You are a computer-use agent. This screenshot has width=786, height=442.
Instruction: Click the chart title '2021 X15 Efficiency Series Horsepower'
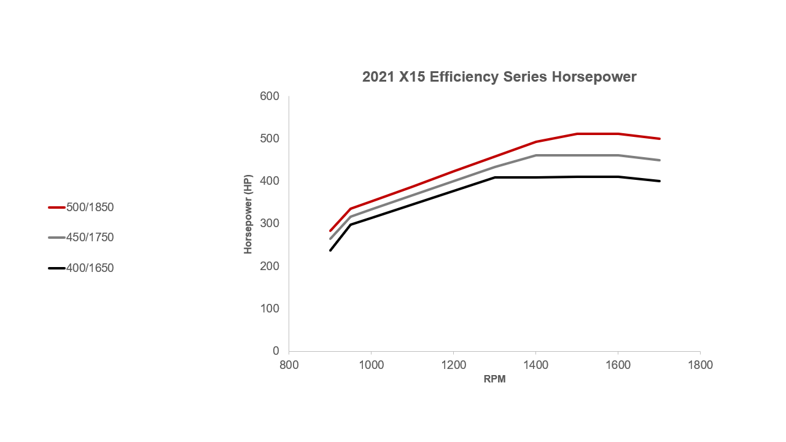coord(499,77)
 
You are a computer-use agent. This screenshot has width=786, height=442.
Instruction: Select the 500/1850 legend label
coord(90,207)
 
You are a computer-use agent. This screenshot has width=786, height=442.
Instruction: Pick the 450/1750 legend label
coord(90,238)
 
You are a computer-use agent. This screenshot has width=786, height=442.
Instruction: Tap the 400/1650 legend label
coord(90,268)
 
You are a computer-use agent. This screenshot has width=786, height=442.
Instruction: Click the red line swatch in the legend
coord(56,207)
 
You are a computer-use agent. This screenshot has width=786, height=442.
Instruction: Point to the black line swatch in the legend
coord(56,268)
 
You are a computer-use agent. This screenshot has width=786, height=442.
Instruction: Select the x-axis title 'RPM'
coord(494,379)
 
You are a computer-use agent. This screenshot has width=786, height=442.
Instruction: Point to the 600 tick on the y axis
coord(270,96)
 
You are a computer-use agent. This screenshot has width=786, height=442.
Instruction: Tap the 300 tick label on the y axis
coord(270,223)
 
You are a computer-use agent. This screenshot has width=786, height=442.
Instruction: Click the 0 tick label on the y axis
coord(276,351)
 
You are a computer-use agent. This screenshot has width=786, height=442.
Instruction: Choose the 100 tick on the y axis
coord(270,308)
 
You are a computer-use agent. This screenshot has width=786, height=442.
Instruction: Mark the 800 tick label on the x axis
coord(289,364)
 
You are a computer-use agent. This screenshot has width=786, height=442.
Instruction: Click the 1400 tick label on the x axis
coord(535,364)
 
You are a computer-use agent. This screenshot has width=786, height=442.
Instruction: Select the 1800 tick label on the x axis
coord(700,364)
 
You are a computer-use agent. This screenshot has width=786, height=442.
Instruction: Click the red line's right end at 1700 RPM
coord(659,139)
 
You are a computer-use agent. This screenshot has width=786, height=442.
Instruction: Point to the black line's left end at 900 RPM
coord(330,250)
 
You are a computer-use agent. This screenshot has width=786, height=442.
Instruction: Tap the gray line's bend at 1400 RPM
coord(535,155)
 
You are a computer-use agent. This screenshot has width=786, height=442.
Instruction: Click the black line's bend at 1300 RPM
coord(495,177)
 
